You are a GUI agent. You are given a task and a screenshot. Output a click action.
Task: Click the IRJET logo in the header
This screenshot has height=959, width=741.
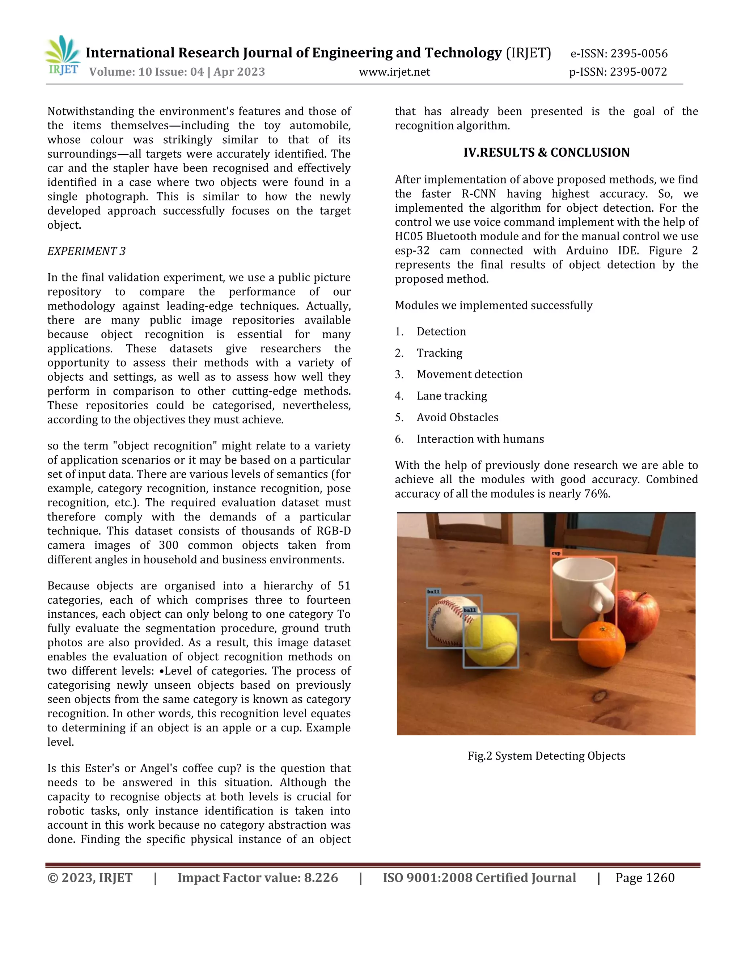coord(63,56)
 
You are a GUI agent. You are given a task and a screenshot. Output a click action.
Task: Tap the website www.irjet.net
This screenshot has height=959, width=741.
coord(394,72)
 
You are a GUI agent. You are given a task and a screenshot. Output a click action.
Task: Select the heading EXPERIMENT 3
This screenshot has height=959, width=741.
coord(86,251)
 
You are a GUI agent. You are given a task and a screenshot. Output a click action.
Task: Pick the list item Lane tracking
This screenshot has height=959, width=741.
coord(451,396)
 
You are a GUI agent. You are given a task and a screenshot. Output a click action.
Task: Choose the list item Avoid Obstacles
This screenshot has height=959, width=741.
coord(457,417)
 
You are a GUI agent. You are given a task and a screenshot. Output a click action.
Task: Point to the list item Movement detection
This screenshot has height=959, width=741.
coord(469,374)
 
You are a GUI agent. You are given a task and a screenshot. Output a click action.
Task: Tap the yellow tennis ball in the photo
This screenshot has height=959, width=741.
coord(491,641)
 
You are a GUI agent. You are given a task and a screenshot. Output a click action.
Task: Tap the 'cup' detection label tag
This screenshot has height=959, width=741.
coord(556,553)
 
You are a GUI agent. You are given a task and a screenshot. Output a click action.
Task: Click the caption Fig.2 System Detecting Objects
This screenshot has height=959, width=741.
coord(546,756)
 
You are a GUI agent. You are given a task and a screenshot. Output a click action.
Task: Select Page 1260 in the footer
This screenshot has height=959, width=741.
coord(644,878)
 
